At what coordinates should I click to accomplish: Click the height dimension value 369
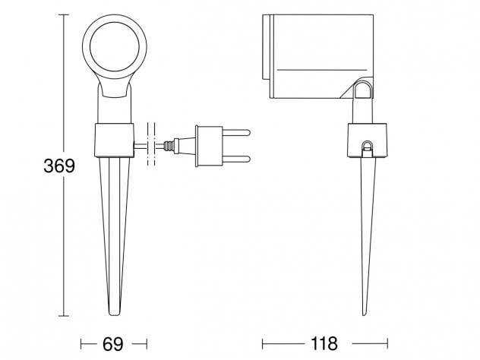coord(59,166)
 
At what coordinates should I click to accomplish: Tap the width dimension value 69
coord(112,344)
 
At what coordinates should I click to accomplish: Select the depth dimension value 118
coord(324,343)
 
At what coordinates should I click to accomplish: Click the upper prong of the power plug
coord(236,133)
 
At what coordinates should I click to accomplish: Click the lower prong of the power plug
coord(236,159)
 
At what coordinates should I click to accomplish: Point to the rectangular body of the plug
coord(210,147)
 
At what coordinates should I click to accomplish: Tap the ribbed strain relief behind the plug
coord(169,146)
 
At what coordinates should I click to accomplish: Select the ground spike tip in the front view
coord(115,314)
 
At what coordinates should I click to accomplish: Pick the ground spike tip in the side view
coord(365,314)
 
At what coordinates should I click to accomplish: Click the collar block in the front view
coord(114,141)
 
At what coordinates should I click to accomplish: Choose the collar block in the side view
coord(367,141)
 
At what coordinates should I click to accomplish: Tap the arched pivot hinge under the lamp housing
coord(362,88)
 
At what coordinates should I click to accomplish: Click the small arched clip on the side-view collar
coord(367,147)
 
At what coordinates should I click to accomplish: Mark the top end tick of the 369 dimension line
coord(64,14)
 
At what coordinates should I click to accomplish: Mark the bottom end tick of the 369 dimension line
coord(64,316)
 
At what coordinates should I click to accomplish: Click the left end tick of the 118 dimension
coord(263,344)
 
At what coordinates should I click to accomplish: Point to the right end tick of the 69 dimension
coord(147,344)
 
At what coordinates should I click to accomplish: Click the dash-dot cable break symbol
coord(151,144)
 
